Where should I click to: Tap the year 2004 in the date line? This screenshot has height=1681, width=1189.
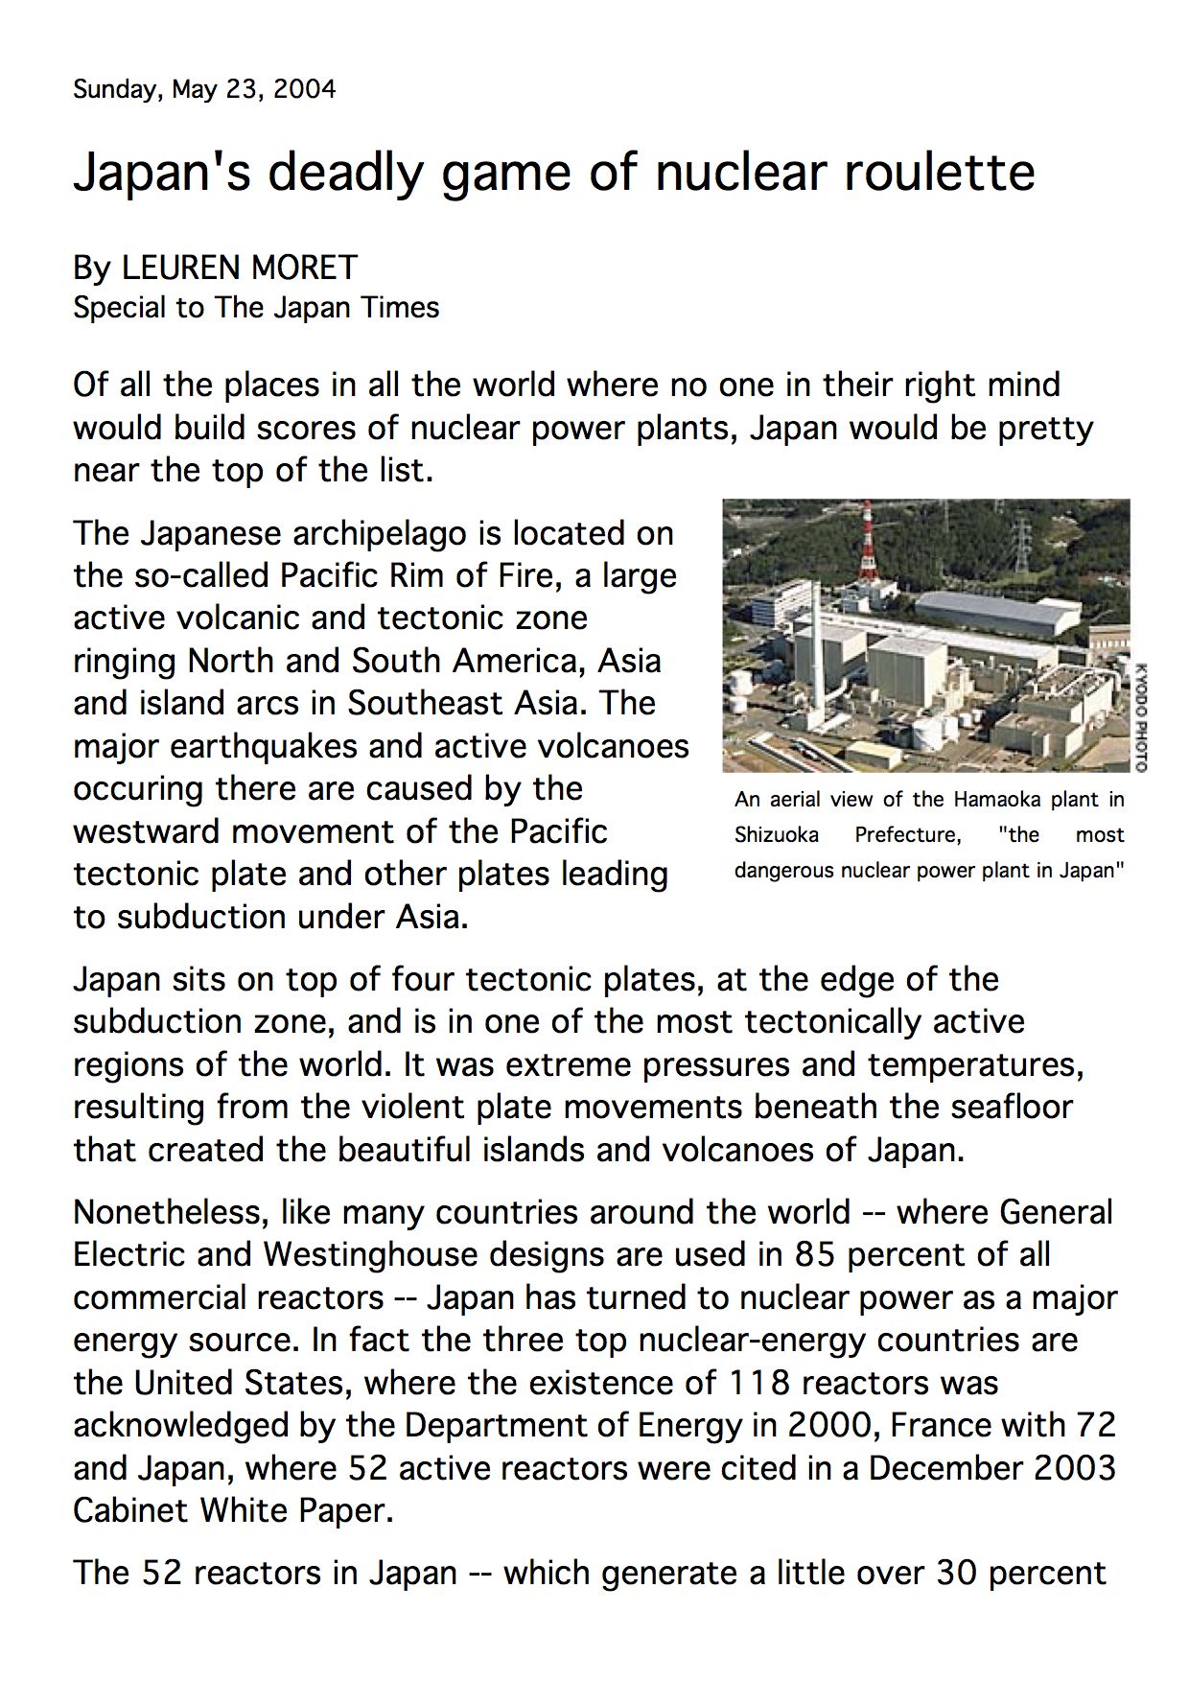click(x=304, y=90)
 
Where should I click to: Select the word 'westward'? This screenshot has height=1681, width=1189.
click(x=148, y=830)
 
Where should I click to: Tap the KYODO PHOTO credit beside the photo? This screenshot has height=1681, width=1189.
click(x=1139, y=716)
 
